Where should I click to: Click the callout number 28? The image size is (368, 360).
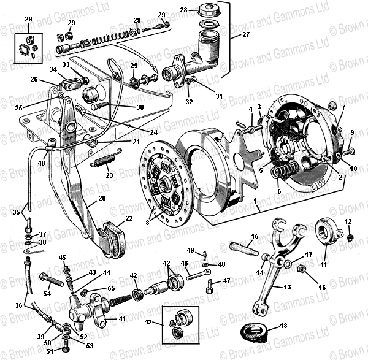[x=183, y=9]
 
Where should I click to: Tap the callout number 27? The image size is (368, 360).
[x=247, y=35]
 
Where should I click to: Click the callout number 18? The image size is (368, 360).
[x=283, y=327]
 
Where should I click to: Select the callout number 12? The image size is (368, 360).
[x=347, y=221]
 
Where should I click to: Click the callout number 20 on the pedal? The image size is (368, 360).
[x=102, y=198]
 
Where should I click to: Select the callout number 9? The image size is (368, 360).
[x=352, y=132]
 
